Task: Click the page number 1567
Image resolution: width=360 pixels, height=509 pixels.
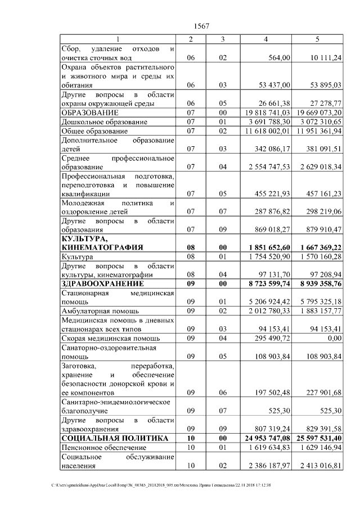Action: pyautogui.click(x=201, y=26)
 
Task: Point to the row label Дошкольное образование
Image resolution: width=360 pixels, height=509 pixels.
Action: pyautogui.click(x=101, y=121)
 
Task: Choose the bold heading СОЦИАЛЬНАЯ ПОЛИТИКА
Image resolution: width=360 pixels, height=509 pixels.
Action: pyautogui.click(x=115, y=438)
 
